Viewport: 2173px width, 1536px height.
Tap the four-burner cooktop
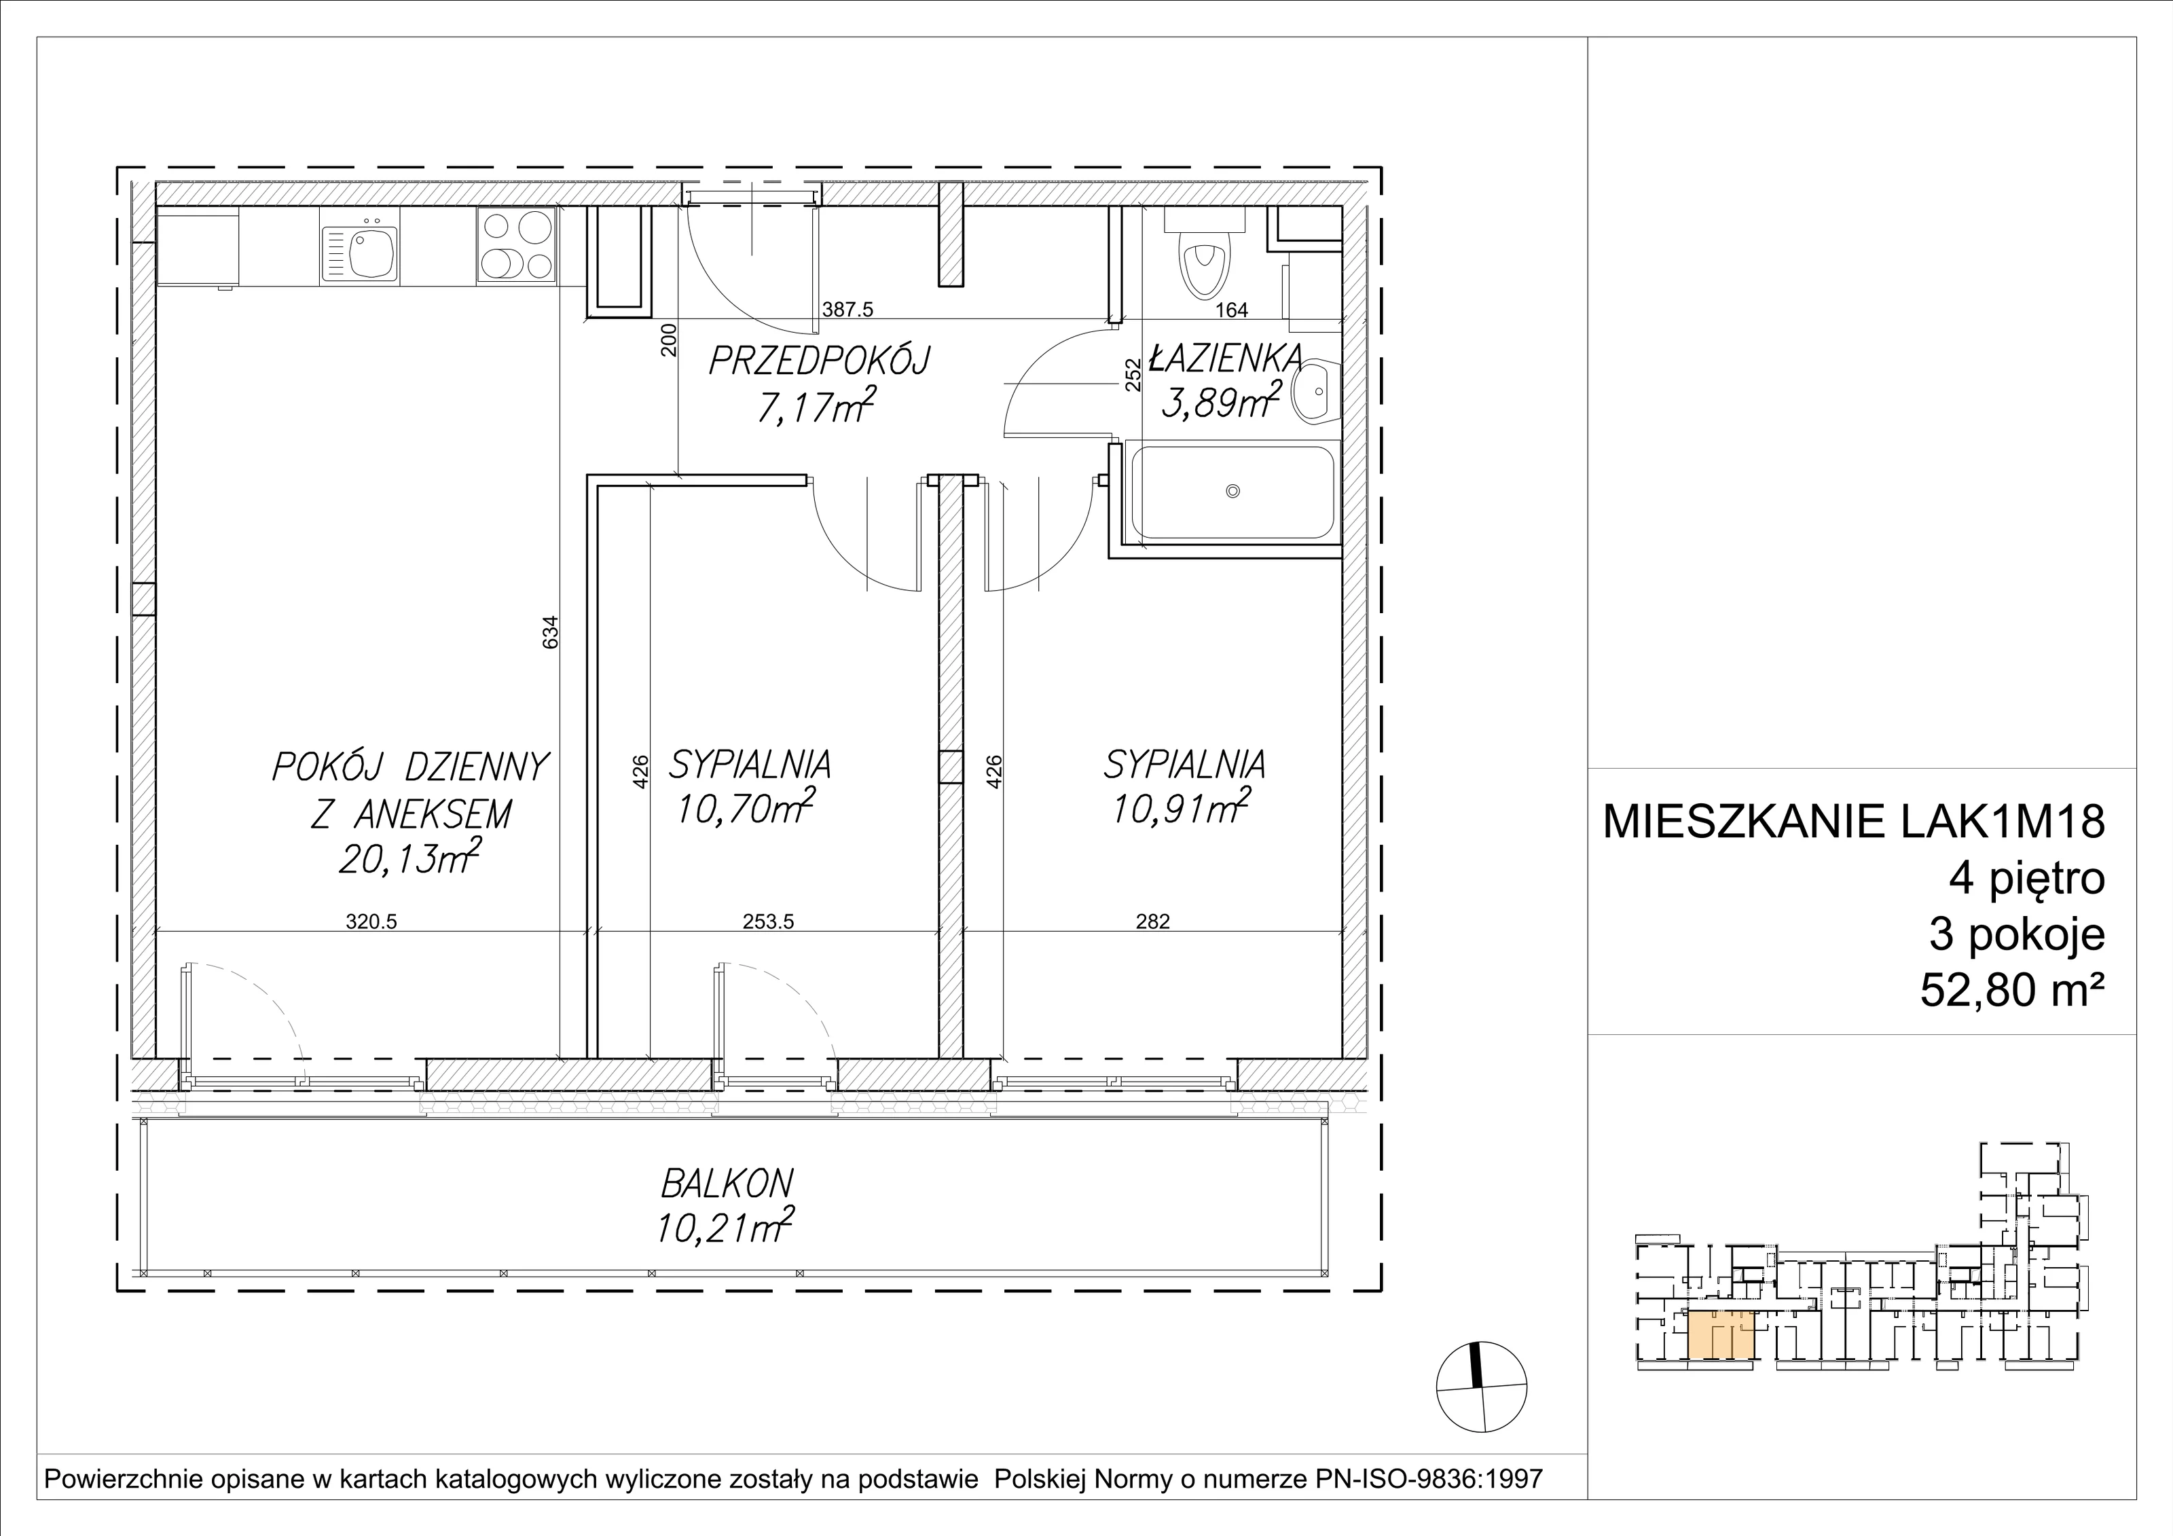(x=517, y=245)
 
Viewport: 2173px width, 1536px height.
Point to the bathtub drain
(x=1232, y=491)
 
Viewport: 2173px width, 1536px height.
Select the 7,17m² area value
(x=815, y=406)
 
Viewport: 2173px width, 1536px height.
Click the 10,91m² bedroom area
(x=1181, y=807)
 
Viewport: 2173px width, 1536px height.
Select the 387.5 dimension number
(x=846, y=308)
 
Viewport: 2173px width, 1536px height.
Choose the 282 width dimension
(x=1153, y=921)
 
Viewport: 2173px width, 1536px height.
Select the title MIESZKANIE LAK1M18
(x=1854, y=822)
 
